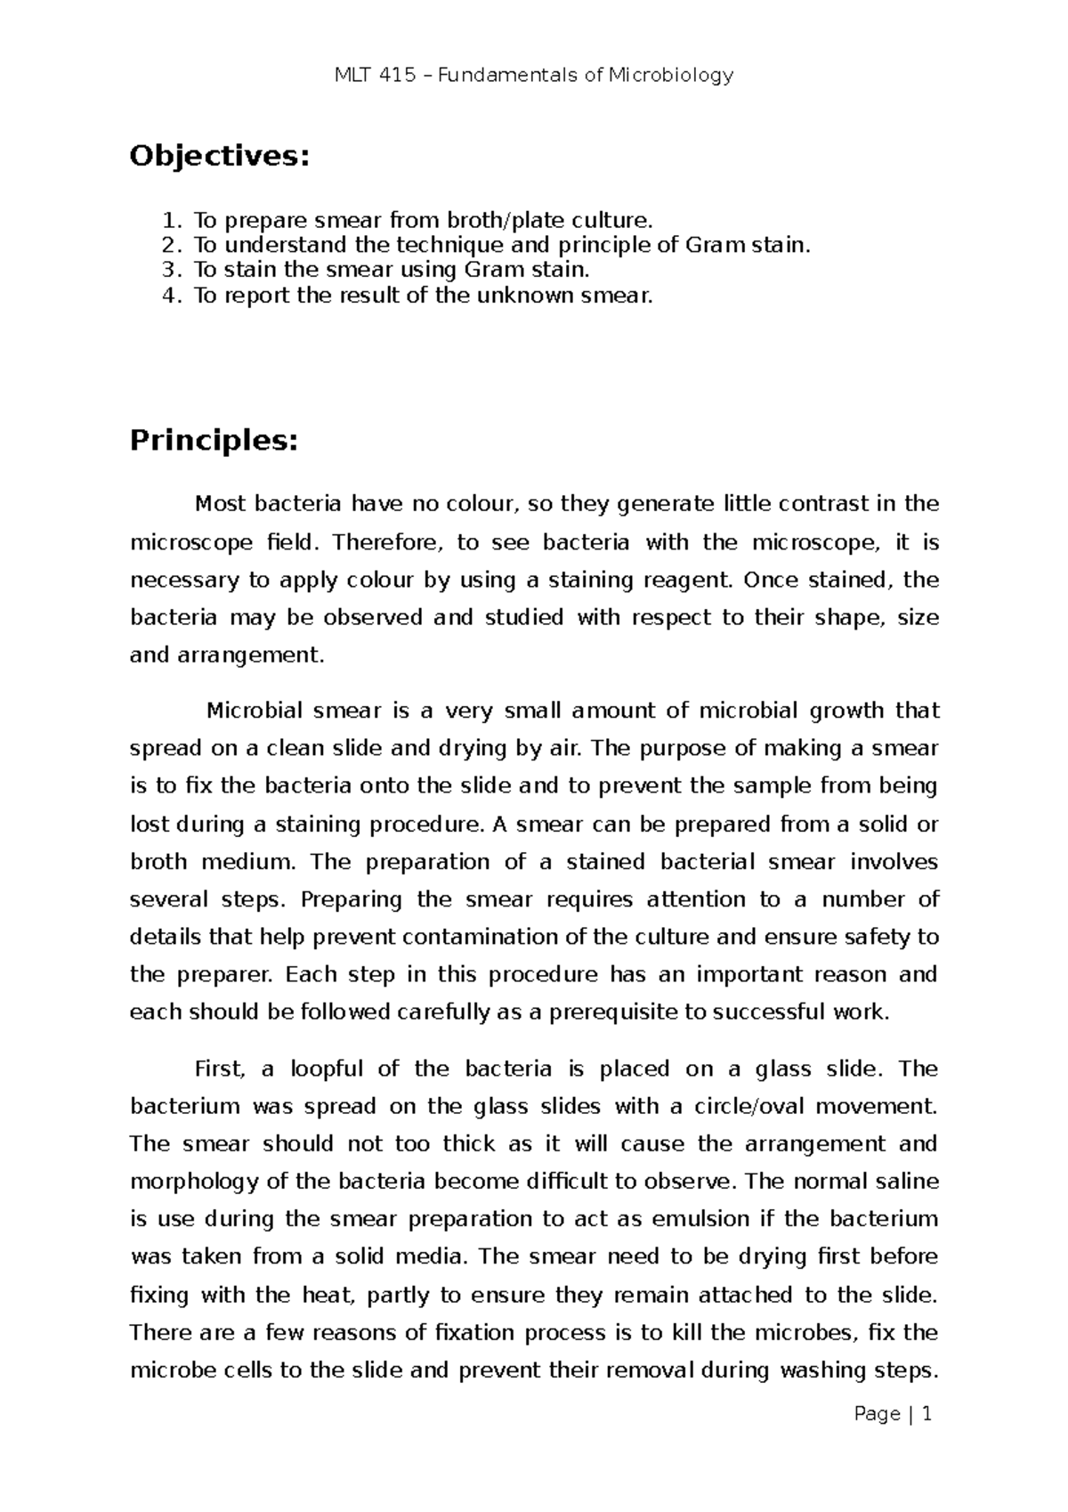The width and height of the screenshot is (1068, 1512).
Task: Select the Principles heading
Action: coord(212,440)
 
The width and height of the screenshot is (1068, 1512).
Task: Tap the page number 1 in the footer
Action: coord(926,1414)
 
